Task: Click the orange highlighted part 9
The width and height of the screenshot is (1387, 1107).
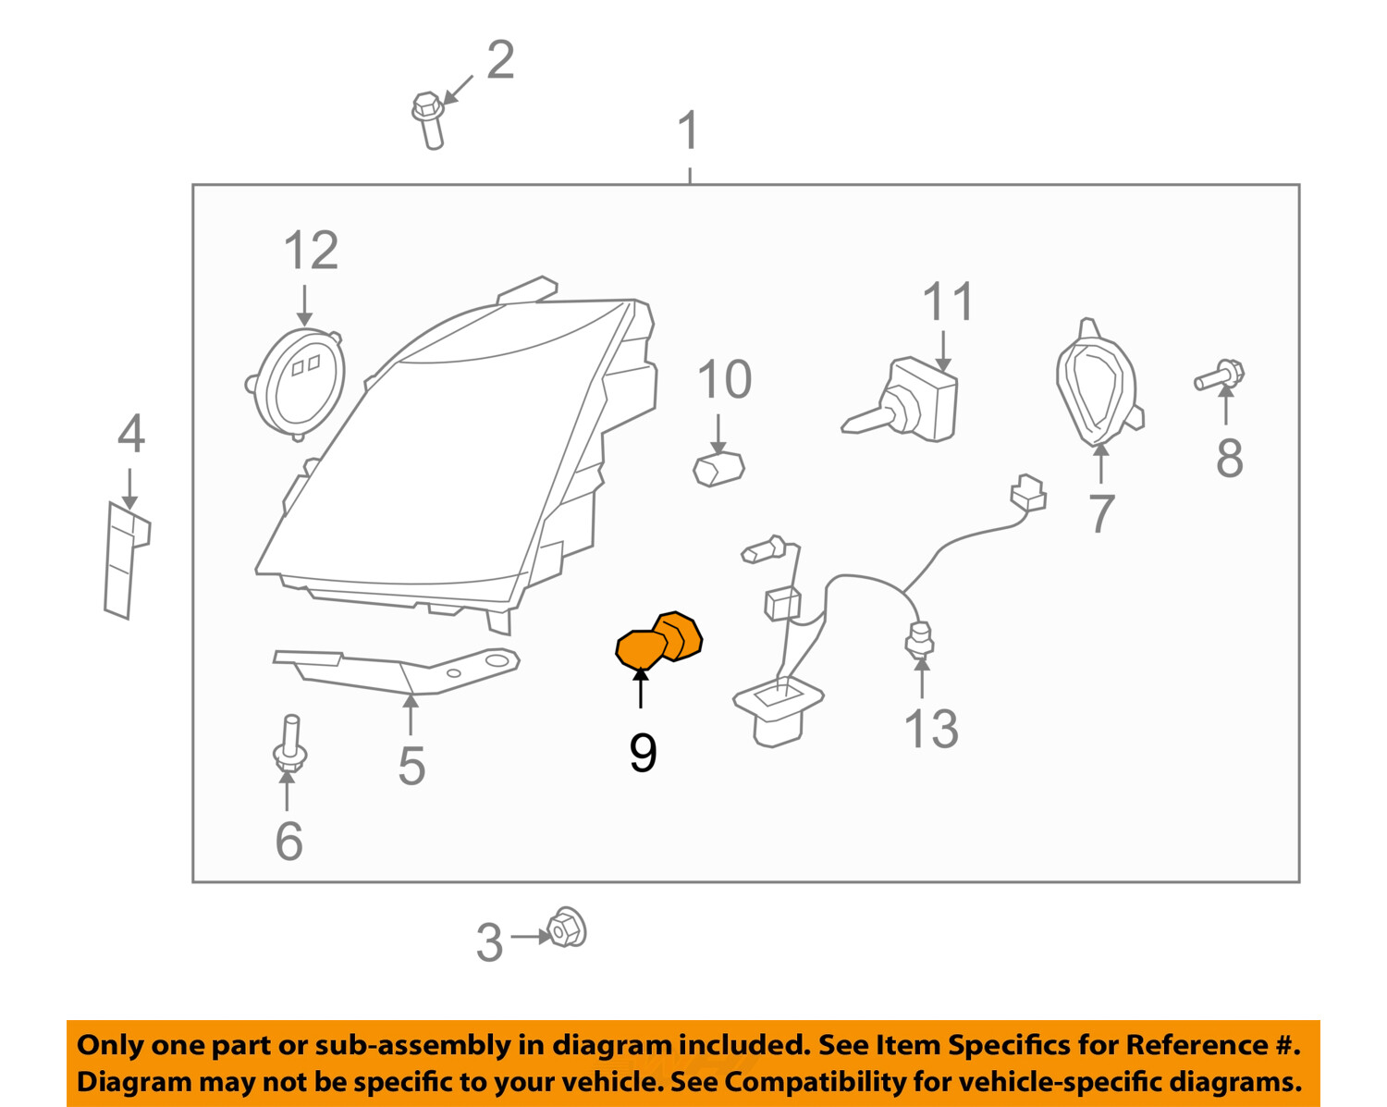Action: (x=658, y=640)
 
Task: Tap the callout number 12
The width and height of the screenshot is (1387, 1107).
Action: (x=311, y=251)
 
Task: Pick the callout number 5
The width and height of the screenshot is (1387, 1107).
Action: (x=411, y=766)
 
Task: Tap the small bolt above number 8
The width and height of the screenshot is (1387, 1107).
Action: (x=1220, y=376)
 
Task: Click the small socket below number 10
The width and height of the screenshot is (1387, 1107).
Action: (x=718, y=469)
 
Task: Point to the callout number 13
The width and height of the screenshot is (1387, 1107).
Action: (x=930, y=729)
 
